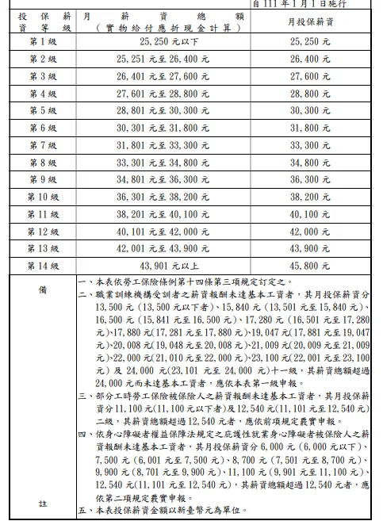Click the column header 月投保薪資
coord(310,20)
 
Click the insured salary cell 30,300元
coord(310,111)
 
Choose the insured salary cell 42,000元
coord(310,232)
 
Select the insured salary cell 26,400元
coord(310,59)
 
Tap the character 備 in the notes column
coord(42,290)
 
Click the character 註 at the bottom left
coord(42,503)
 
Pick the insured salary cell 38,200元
coord(310,197)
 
